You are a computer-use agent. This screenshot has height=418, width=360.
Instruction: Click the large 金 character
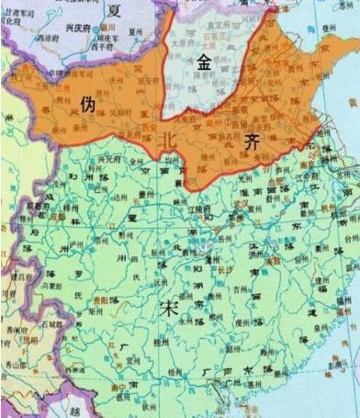205,62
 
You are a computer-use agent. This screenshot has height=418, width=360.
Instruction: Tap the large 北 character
168,139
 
